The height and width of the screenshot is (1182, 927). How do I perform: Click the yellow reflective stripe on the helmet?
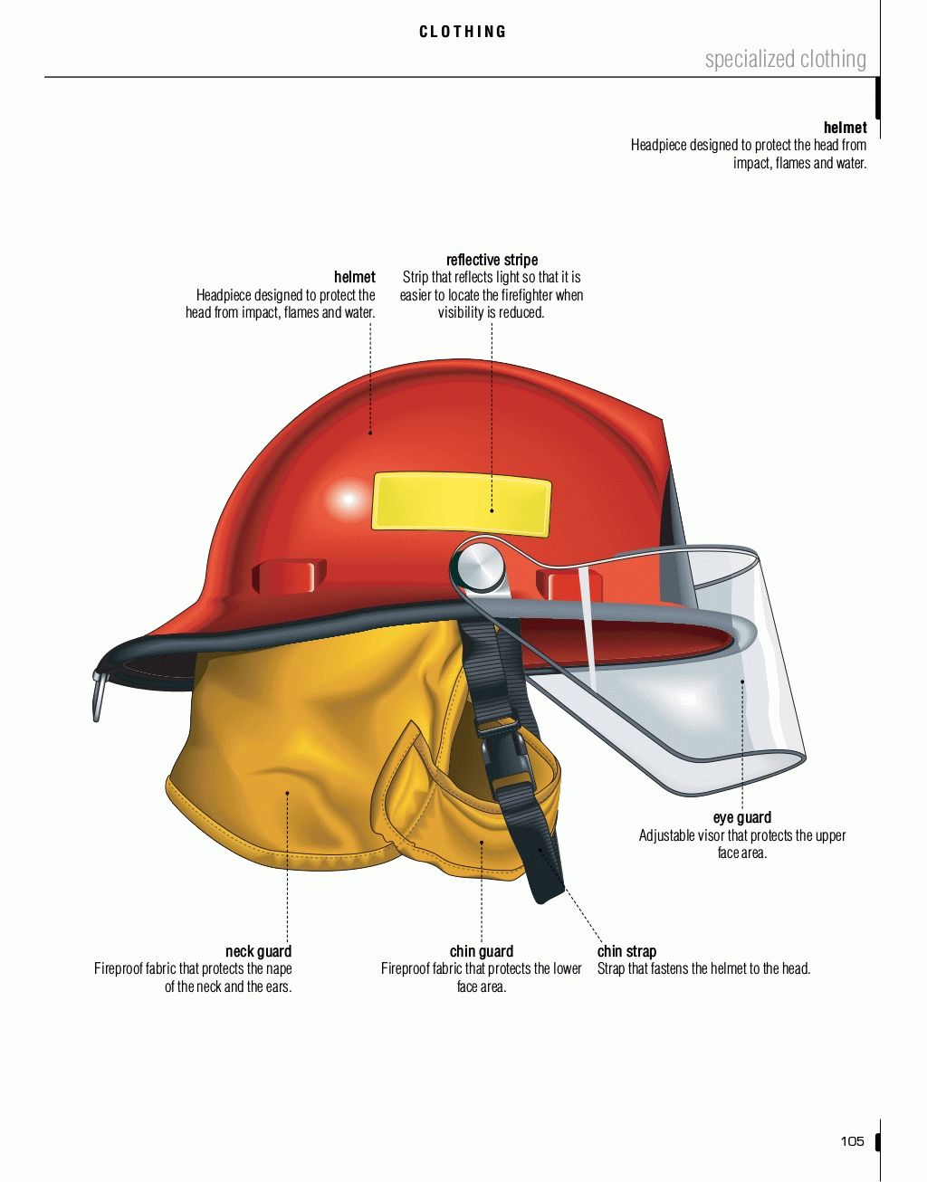tap(461, 503)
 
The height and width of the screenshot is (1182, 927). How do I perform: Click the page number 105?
tap(852, 1140)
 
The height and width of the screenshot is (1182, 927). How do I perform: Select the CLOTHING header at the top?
tap(463, 32)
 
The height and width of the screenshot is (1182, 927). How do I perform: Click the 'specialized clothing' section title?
tap(785, 60)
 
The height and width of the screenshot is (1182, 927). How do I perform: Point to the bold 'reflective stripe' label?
tap(492, 260)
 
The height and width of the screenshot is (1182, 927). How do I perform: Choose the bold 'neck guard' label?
tap(258, 951)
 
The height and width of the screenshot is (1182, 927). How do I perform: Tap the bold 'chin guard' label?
tap(481, 951)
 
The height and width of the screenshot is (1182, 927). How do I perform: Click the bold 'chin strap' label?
tap(626, 951)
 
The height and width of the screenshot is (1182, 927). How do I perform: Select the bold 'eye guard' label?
tap(741, 818)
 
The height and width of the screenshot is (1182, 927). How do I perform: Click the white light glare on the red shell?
tap(347, 499)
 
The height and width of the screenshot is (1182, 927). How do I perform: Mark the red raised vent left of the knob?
tap(288, 576)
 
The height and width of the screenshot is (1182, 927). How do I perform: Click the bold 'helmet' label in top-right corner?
tap(845, 128)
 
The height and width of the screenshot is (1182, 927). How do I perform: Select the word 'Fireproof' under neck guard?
tap(121, 969)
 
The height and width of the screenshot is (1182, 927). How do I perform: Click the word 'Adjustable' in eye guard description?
tap(668, 835)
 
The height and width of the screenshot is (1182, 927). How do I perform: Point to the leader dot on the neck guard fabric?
tap(287, 793)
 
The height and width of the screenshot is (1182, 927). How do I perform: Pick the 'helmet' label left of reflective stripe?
tap(354, 277)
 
